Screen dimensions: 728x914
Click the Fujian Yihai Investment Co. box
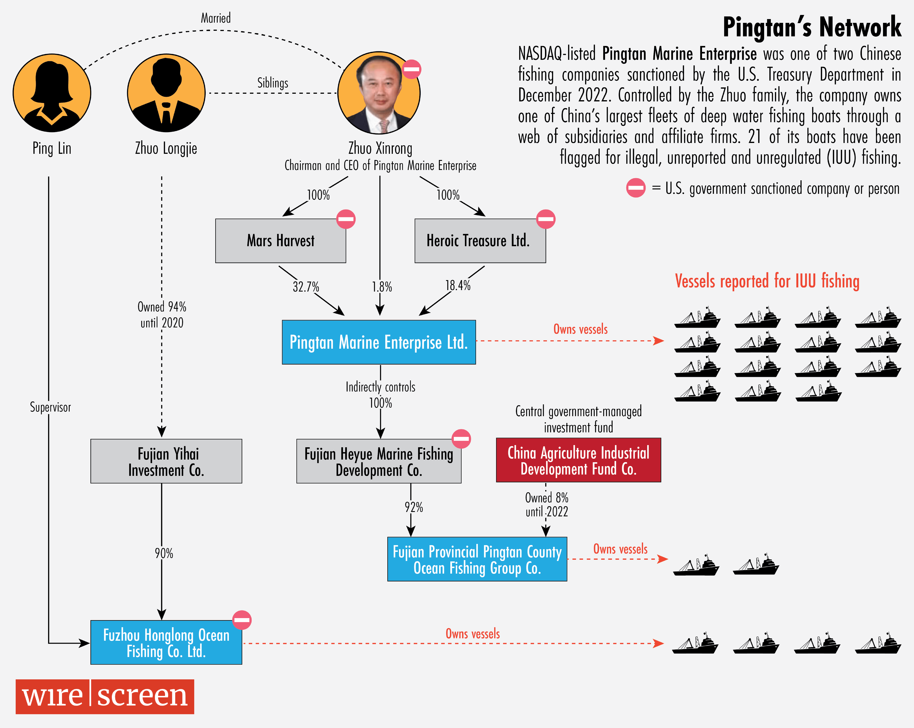click(x=166, y=461)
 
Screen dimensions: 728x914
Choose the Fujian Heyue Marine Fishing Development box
click(x=379, y=461)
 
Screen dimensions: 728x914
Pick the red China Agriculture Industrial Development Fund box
click(x=578, y=460)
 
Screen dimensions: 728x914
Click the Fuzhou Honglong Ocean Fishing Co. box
click(x=166, y=642)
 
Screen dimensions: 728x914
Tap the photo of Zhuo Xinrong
click(x=379, y=93)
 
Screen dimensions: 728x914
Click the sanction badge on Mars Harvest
click(x=346, y=219)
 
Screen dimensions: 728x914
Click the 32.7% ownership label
click(x=306, y=287)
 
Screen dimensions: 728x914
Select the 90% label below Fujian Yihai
click(x=164, y=553)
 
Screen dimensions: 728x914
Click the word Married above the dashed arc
click(x=216, y=18)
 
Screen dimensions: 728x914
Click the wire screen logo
click(x=105, y=697)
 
